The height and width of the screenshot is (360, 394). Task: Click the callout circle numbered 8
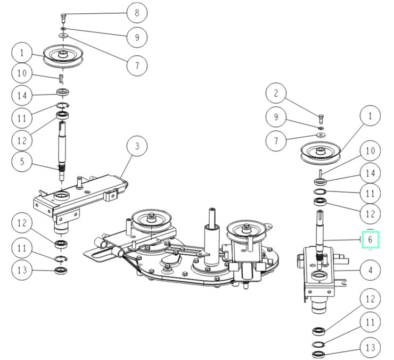coord(137,12)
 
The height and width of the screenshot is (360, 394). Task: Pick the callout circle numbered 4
coord(370,270)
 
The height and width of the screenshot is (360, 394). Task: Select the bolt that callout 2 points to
coord(322,117)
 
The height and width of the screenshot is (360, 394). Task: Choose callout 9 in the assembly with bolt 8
coord(137,37)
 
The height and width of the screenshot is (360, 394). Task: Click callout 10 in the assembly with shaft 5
coord(22,73)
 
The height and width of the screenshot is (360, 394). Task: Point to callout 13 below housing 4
coord(370,348)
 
